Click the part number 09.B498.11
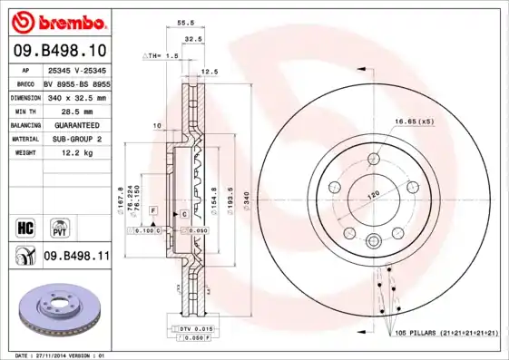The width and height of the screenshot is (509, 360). click(76, 258)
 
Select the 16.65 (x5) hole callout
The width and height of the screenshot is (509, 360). click(413, 121)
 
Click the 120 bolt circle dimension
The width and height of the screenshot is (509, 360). click(370, 195)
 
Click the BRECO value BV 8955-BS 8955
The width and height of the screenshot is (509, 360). click(75, 82)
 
